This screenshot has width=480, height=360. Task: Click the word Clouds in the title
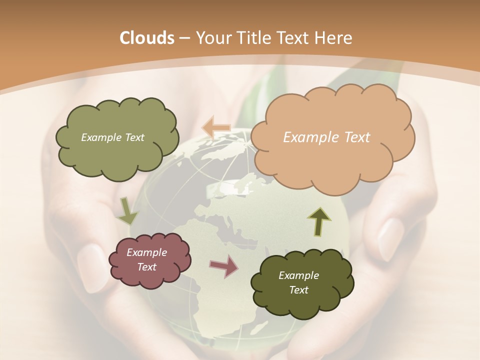(147, 38)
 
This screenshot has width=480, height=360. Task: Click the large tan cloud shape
(332, 160)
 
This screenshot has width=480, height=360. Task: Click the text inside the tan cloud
(326, 137)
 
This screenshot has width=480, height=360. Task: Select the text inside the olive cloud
(112, 137)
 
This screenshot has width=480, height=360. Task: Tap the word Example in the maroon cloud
(146, 252)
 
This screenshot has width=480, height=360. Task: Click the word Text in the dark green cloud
(298, 290)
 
